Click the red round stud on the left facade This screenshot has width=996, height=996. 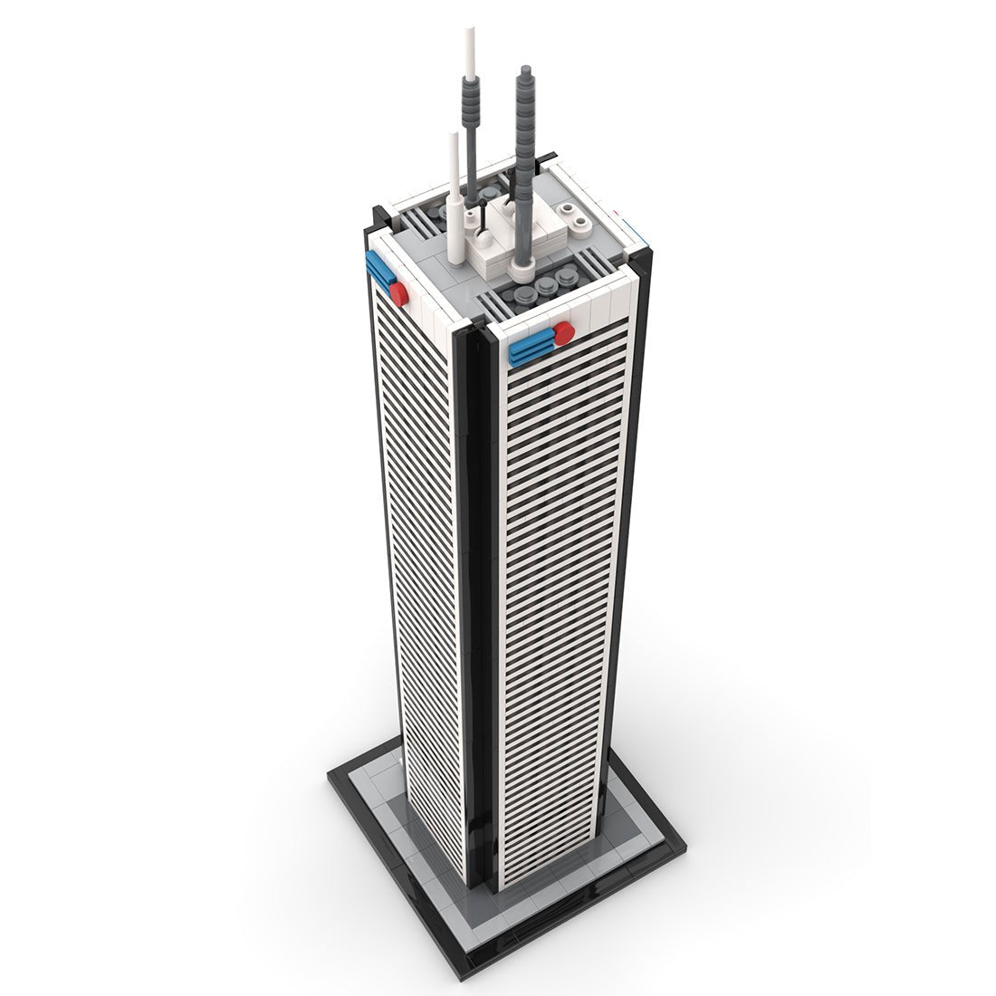click(x=399, y=290)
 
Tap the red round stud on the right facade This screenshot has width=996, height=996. click(x=563, y=333)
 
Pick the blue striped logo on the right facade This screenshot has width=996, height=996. click(x=532, y=348)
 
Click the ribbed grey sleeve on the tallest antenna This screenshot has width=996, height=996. click(x=470, y=91)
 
